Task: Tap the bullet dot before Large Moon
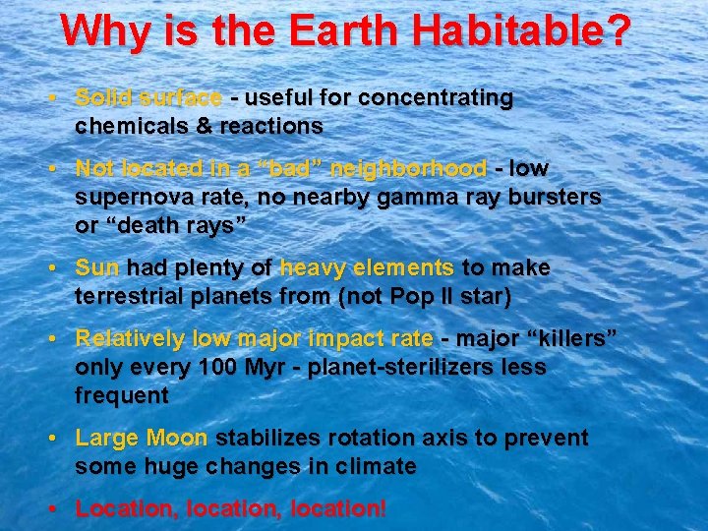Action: coord(60,439)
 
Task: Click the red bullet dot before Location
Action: coord(60,509)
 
